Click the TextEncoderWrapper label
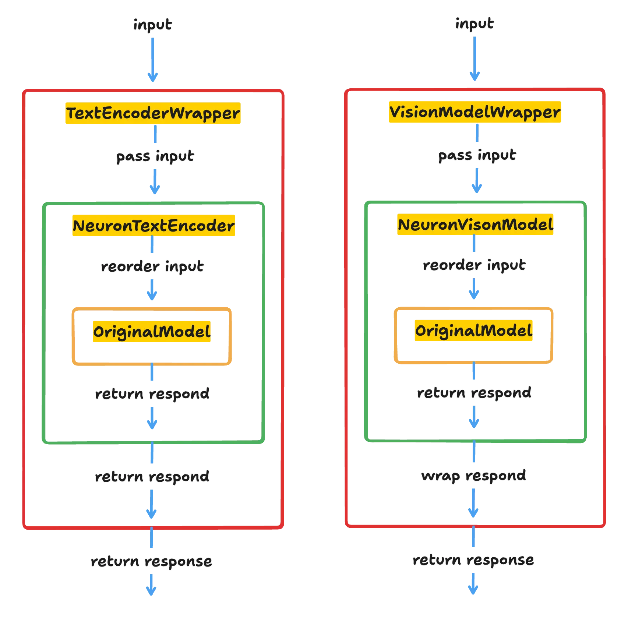(153, 113)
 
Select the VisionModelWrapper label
(475, 112)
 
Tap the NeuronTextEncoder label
(153, 226)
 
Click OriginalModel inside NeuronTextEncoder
(152, 332)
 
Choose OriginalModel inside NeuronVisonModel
(473, 330)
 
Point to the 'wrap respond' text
(474, 476)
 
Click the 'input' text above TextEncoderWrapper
(152, 25)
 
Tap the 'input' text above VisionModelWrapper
(474, 23)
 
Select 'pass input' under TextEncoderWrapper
(155, 156)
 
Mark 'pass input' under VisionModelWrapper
(477, 155)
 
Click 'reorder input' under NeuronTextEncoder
(152, 266)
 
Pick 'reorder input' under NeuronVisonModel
(474, 265)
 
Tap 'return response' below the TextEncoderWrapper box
(151, 562)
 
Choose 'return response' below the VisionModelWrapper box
(473, 560)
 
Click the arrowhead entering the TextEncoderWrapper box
(153, 76)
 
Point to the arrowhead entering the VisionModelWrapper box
(474, 76)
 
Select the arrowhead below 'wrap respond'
(474, 512)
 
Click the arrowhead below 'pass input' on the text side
(155, 188)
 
